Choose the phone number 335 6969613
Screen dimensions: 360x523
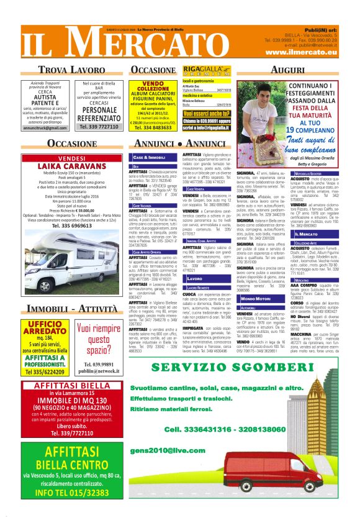click(x=66, y=226)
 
